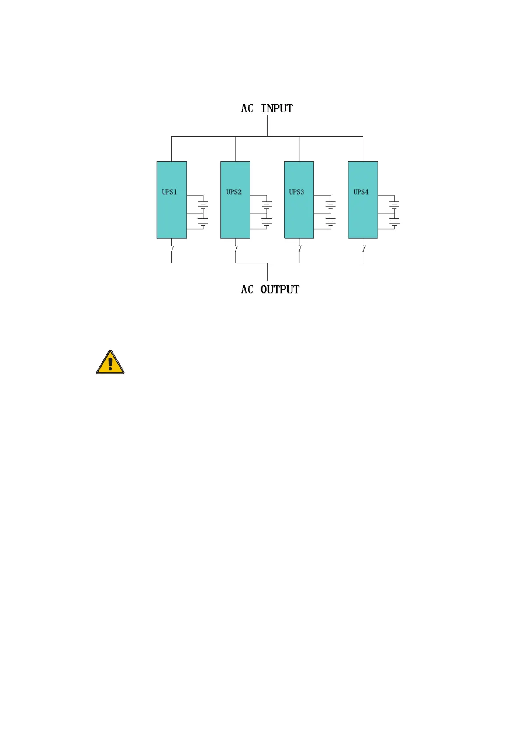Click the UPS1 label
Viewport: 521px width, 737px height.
point(169,192)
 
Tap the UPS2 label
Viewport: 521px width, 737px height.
point(234,192)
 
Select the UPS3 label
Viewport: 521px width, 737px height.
point(296,192)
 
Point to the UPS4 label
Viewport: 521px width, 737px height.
point(361,192)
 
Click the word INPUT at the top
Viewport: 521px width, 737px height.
point(277,109)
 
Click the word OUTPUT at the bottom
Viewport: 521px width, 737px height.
point(280,290)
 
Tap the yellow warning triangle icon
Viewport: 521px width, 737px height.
point(110,363)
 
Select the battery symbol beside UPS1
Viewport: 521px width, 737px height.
point(203,212)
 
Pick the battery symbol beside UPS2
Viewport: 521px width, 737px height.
point(267,212)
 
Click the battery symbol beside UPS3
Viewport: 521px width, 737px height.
point(331,212)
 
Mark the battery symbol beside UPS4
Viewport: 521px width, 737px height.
point(394,212)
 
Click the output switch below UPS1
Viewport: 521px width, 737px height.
point(172,249)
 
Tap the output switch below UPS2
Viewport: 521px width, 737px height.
point(236,249)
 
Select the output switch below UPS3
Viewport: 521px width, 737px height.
point(300,249)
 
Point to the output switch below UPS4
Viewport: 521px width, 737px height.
point(363,249)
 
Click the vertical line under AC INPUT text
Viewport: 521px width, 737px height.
point(267,126)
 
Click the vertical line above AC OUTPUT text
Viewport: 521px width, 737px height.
point(267,272)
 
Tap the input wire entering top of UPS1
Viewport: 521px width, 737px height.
point(171,149)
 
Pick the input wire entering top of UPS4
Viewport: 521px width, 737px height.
point(363,149)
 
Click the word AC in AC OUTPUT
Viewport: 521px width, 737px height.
point(247,290)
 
